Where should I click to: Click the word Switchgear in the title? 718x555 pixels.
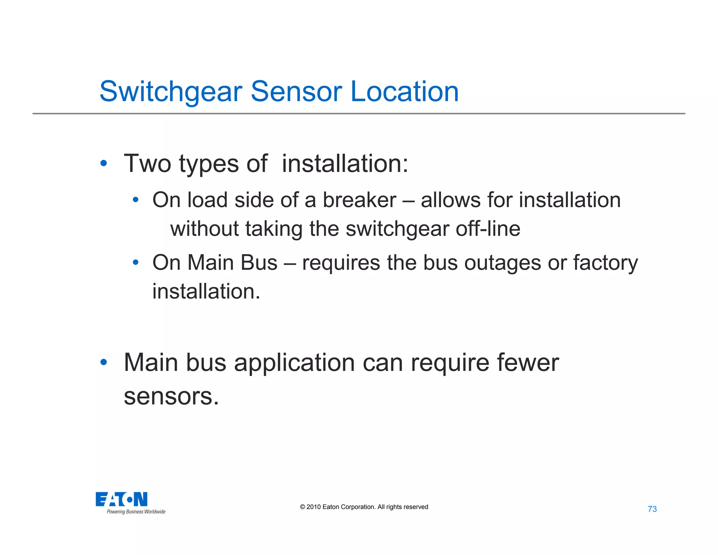click(171, 92)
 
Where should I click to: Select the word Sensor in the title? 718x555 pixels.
click(296, 92)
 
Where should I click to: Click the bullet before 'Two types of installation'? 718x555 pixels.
click(103, 163)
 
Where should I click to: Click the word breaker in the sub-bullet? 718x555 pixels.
click(359, 200)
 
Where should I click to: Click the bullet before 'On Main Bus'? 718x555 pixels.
click(136, 262)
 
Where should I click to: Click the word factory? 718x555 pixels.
click(605, 263)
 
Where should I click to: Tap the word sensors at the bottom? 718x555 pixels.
click(171, 396)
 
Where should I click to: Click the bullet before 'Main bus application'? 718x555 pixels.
click(103, 362)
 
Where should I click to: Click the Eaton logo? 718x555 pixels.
click(122, 499)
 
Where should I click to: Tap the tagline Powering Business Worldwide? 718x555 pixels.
click(136, 512)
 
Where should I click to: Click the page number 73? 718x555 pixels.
click(652, 509)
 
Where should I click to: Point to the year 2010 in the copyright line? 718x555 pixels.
click(313, 507)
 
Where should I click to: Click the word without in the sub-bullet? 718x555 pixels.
click(204, 229)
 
